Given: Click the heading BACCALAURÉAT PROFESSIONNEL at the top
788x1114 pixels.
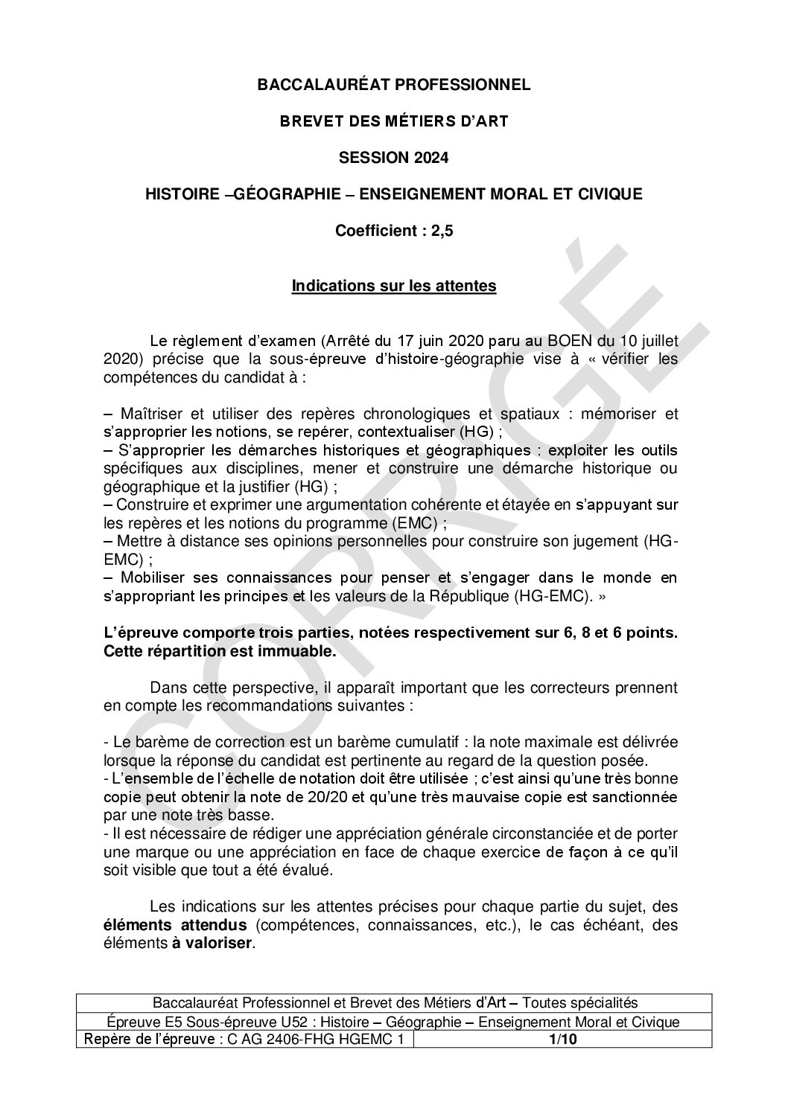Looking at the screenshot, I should click(393, 85).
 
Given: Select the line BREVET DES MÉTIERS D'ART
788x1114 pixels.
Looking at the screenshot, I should click(393, 121).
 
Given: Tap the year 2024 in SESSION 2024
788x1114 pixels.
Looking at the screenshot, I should click(430, 158).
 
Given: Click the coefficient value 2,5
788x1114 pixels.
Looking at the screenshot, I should click(442, 231).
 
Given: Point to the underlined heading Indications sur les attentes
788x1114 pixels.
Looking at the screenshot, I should click(393, 286).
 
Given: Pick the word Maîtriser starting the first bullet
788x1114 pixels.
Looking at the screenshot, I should click(149, 414).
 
